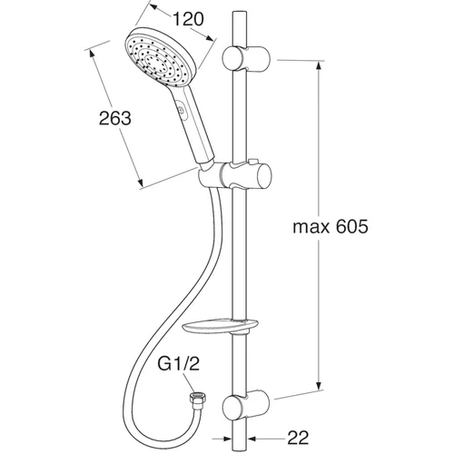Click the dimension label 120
tap(188, 19)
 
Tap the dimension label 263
tap(115, 118)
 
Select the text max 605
tap(331, 226)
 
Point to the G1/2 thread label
tap(179, 364)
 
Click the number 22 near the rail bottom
tap(298, 438)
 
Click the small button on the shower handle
tap(181, 110)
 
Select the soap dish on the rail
tap(221, 326)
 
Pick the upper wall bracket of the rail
tap(246, 58)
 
